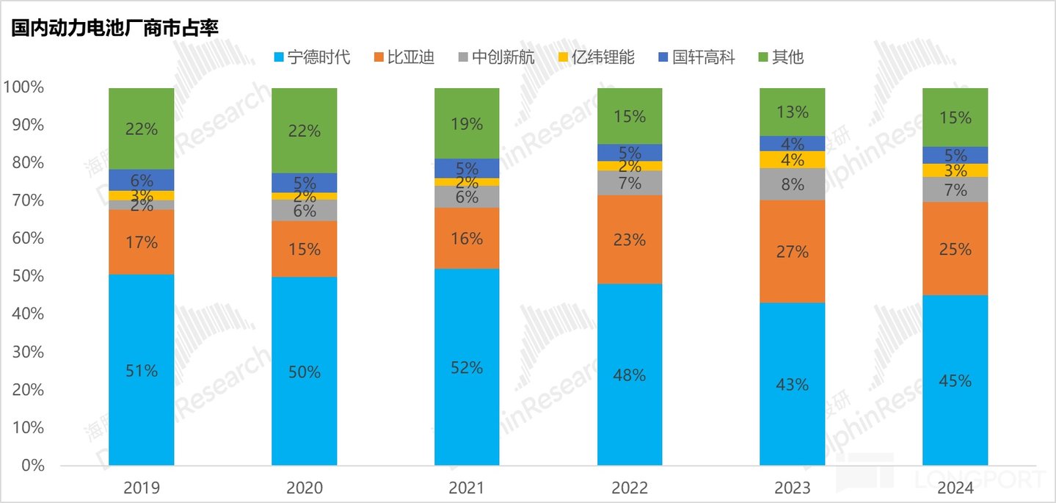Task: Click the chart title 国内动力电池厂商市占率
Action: coord(115,26)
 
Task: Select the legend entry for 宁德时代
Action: coord(311,57)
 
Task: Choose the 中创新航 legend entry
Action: coord(495,57)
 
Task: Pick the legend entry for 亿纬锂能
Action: coord(595,57)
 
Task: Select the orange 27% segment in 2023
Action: coord(793,251)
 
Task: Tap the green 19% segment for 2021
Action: coord(467,123)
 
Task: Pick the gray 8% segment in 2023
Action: coord(793,184)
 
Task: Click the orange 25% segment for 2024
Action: coord(955,249)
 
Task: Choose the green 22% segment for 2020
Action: coord(304,131)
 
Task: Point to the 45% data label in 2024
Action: coord(955,381)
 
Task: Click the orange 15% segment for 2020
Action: coord(304,249)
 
